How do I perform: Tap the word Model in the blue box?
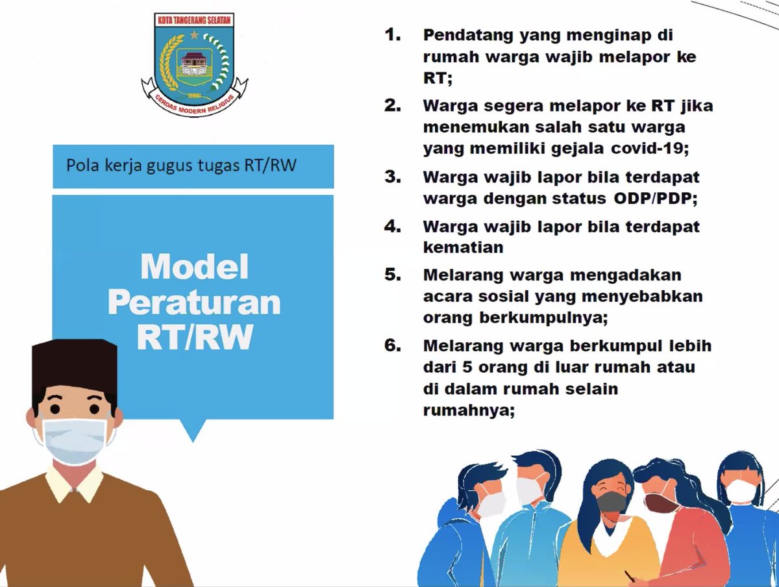pyautogui.click(x=195, y=266)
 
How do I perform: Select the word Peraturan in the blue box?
pyautogui.click(x=194, y=302)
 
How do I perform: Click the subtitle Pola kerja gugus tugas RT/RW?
pyautogui.click(x=181, y=165)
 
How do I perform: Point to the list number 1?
pyautogui.click(x=393, y=34)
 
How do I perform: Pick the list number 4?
pyautogui.click(x=393, y=227)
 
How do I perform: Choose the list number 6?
pyautogui.click(x=393, y=345)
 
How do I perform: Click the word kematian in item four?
pyautogui.click(x=463, y=247)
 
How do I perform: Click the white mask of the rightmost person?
pyautogui.click(x=741, y=490)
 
